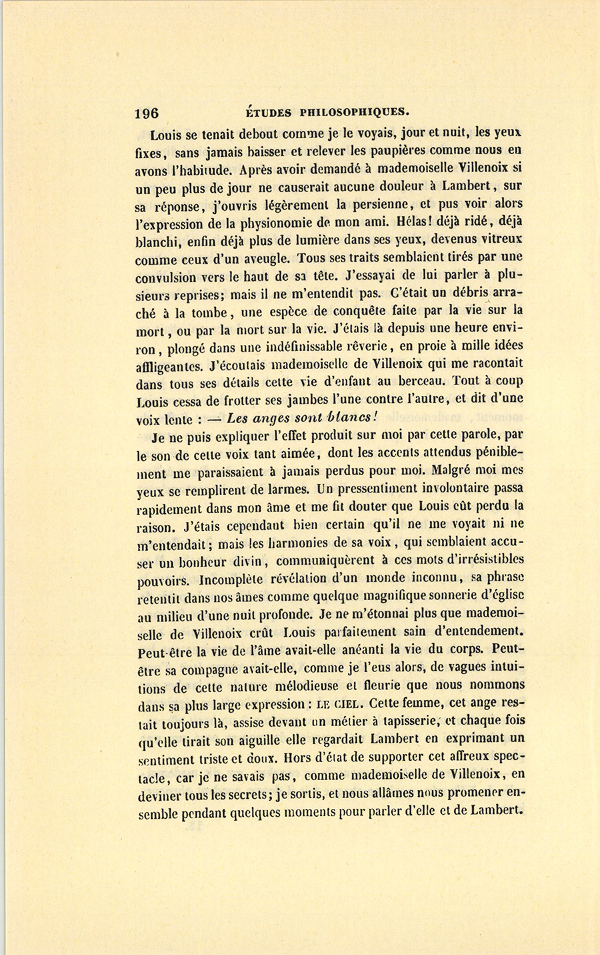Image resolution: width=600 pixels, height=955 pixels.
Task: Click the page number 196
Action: click(x=146, y=113)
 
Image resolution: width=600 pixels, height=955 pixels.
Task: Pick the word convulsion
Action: click(x=165, y=277)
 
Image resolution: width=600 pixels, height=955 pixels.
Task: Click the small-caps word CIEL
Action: click(x=347, y=704)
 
